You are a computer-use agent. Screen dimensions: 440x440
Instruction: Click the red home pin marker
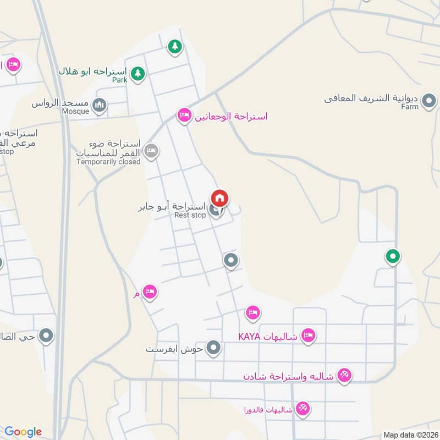point(219,198)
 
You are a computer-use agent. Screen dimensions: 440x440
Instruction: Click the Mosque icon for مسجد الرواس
point(99,105)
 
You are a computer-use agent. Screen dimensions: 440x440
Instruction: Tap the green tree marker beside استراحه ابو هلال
point(137,73)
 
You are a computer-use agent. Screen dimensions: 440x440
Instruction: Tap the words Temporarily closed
point(108,162)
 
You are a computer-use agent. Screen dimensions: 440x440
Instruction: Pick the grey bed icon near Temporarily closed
point(151,150)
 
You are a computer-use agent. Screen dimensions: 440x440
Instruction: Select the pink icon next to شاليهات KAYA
point(309,335)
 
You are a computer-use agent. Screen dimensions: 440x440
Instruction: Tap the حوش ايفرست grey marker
point(215,348)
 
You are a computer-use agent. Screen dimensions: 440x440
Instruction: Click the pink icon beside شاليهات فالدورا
point(302,408)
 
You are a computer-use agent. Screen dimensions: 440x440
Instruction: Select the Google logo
point(23,432)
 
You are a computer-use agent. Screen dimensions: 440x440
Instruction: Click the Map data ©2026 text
point(410,435)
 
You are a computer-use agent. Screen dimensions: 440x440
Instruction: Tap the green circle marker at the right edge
point(392,256)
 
